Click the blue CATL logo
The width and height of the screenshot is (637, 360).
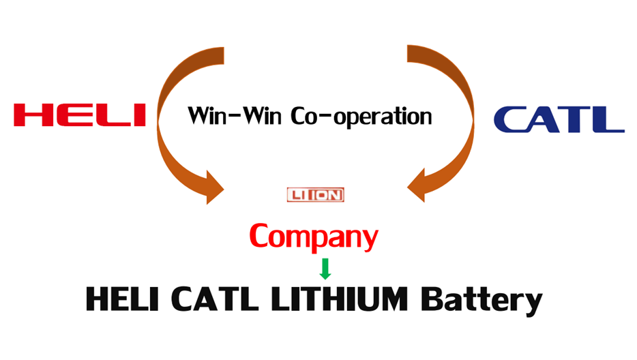pyautogui.click(x=559, y=119)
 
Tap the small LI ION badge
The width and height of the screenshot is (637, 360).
pyautogui.click(x=315, y=195)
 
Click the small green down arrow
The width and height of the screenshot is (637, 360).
pyautogui.click(x=325, y=268)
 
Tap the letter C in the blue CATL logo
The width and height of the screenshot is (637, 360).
pyautogui.click(x=510, y=119)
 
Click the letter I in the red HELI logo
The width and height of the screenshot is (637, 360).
pyautogui.click(x=140, y=115)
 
